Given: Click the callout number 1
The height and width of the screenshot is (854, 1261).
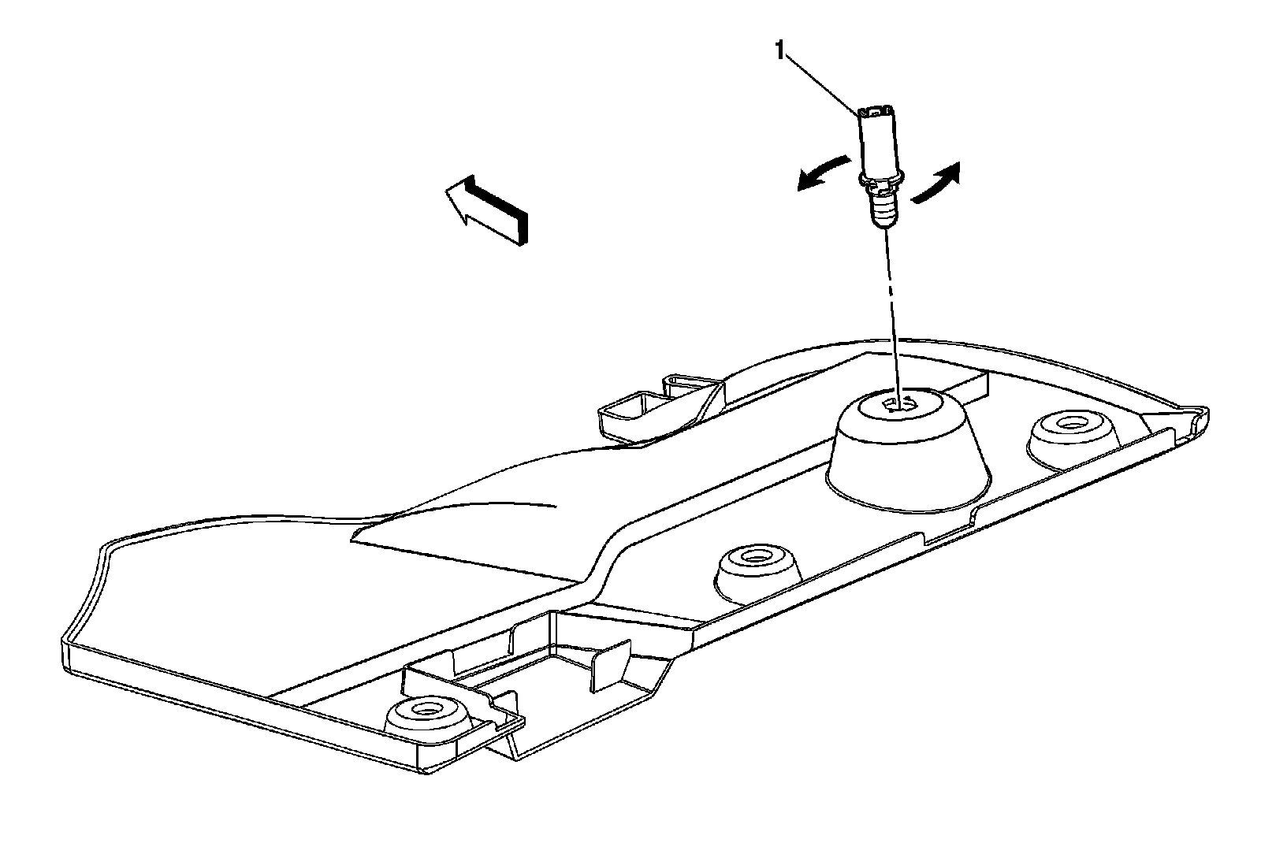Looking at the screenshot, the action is click(780, 52).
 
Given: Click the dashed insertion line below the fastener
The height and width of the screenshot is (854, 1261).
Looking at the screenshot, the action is click(893, 307).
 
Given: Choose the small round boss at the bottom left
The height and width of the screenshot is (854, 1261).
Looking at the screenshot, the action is click(426, 717).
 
